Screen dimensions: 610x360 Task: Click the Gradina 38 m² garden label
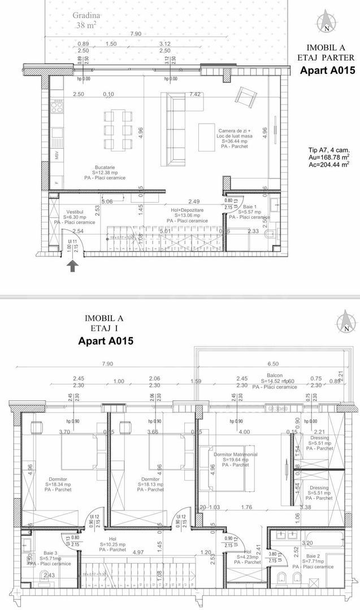coord(87,20)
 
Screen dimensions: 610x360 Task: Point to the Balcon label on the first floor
coord(274,381)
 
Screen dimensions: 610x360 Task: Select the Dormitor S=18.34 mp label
coord(59,484)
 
